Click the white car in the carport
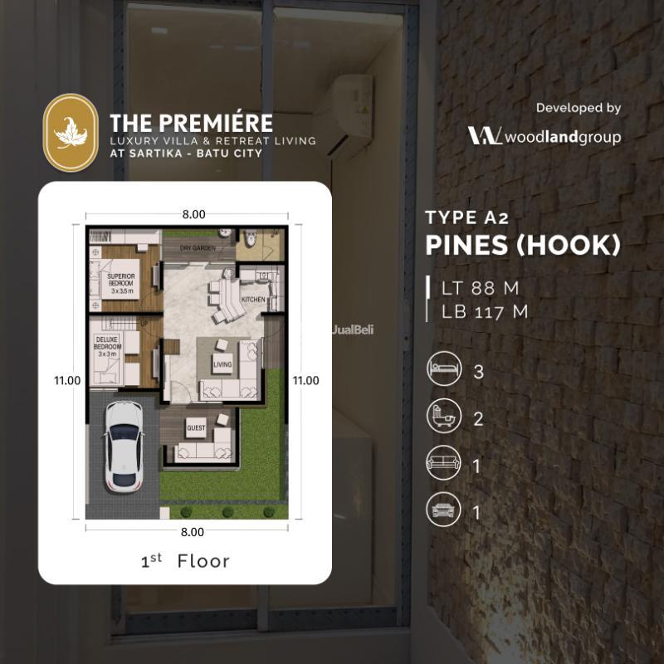point(124,447)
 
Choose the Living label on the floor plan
point(222,364)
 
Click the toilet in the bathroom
point(250,247)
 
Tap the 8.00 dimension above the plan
point(193,214)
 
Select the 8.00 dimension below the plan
point(192,531)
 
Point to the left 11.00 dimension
point(66,381)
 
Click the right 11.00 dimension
point(305,381)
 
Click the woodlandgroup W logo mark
point(484,136)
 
